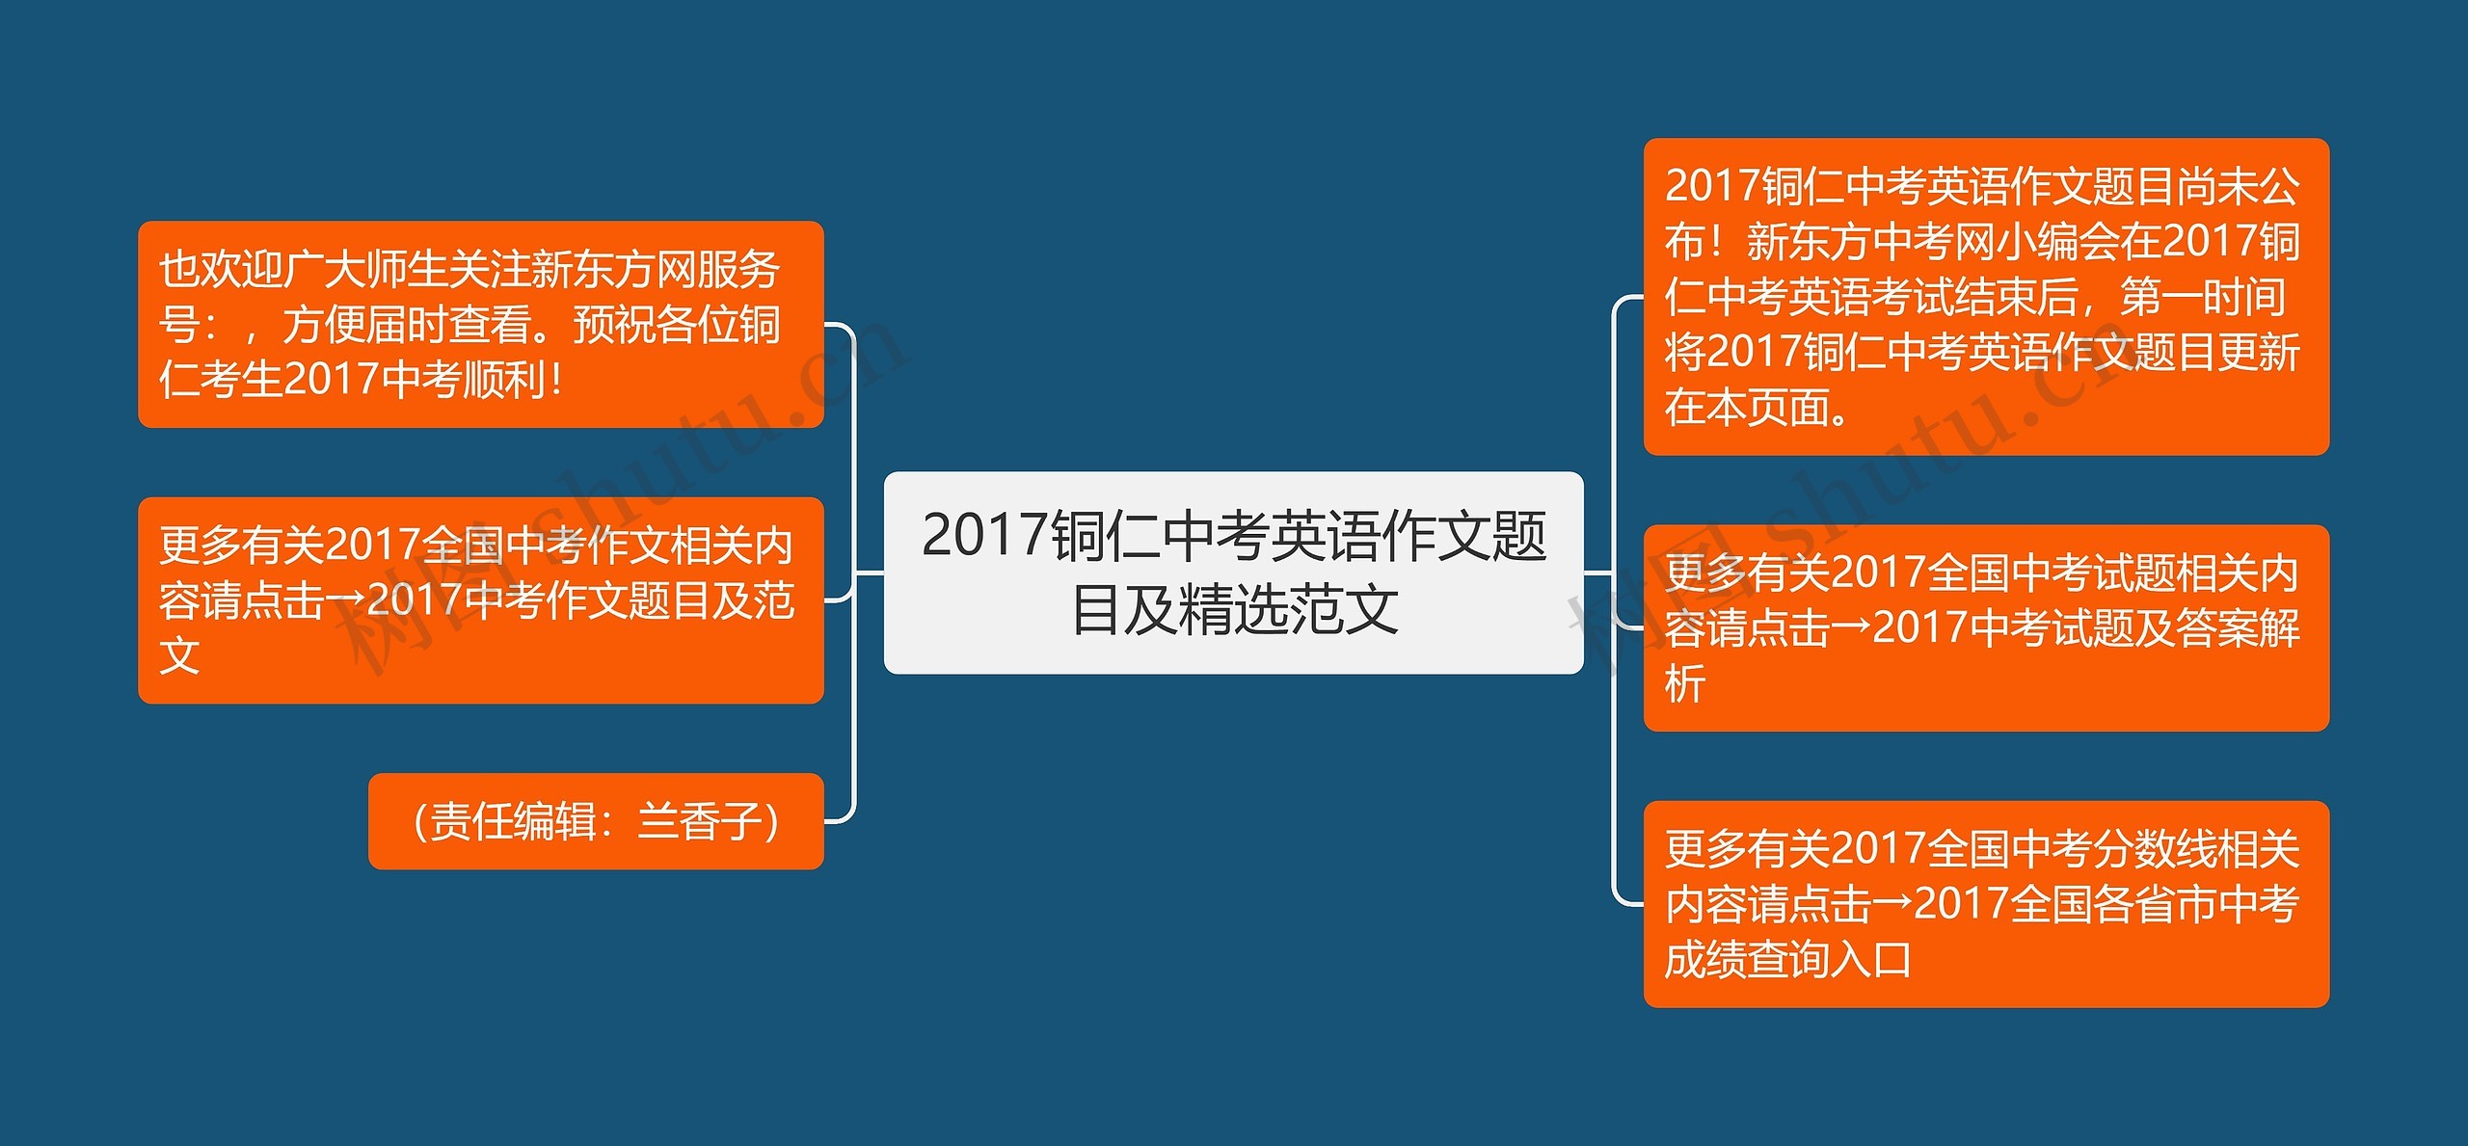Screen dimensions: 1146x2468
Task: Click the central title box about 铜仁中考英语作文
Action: pyautogui.click(x=1233, y=572)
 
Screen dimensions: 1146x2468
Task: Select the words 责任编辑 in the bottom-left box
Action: pyautogui.click(x=513, y=822)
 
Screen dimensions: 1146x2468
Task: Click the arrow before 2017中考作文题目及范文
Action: pyautogui.click(x=345, y=600)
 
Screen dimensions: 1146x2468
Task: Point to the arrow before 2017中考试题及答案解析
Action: pyautogui.click(x=1851, y=628)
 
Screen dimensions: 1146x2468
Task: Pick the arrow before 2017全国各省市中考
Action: pyautogui.click(x=1892, y=904)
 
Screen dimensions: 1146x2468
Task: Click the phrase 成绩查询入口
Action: pyautogui.click(x=1787, y=960)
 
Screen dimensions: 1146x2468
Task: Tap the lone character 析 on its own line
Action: pyautogui.click(x=1685, y=684)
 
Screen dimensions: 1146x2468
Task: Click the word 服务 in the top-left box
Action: pyautogui.click(x=738, y=270)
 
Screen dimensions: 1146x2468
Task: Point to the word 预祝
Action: pyautogui.click(x=614, y=325)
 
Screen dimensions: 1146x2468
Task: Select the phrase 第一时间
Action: pyautogui.click(x=2202, y=297)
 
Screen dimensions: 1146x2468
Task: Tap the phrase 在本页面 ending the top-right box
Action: pyautogui.click(x=1747, y=408)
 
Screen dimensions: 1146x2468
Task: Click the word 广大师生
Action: pyautogui.click(x=366, y=270)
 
